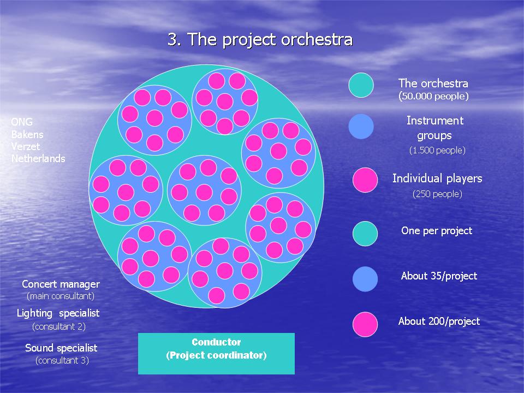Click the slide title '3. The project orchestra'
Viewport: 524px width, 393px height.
[260, 40]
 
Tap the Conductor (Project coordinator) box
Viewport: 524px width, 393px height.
[216, 354]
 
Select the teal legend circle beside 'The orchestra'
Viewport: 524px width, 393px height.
[361, 85]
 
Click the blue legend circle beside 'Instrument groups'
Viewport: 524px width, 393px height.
[361, 126]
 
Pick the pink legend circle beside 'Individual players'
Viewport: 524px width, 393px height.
[365, 180]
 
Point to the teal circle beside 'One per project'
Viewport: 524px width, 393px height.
[365, 234]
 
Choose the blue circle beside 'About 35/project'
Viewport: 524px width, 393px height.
[365, 279]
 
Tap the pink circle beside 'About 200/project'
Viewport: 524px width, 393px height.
[365, 324]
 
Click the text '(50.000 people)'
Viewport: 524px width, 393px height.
[433, 96]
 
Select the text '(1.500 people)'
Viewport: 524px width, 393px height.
[437, 151]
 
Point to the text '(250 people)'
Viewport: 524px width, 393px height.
[437, 194]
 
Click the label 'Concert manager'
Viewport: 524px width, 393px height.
[61, 284]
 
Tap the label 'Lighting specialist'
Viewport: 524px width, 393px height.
[58, 313]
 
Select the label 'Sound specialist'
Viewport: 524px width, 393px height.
[61, 348]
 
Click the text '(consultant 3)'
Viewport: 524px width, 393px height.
[62, 360]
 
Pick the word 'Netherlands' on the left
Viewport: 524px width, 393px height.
[38, 158]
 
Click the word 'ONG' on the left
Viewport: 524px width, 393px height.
[22, 122]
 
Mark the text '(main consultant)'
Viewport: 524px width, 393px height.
[61, 296]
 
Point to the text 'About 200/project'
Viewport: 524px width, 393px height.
[439, 321]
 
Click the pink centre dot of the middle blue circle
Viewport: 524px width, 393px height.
[204, 192]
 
